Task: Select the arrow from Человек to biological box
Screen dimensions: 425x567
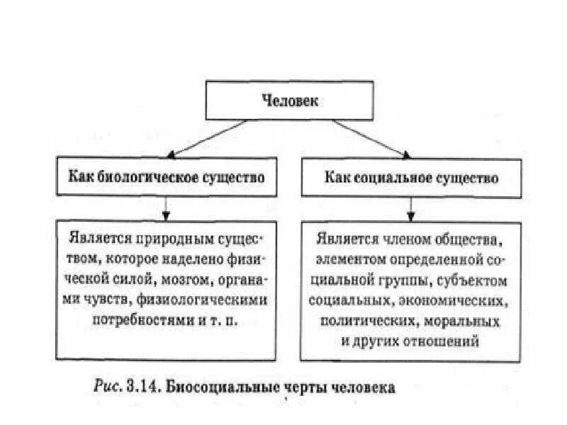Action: pos(206,137)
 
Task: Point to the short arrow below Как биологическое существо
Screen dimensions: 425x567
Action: pos(165,206)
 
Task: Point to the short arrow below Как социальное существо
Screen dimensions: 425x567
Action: pos(409,206)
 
